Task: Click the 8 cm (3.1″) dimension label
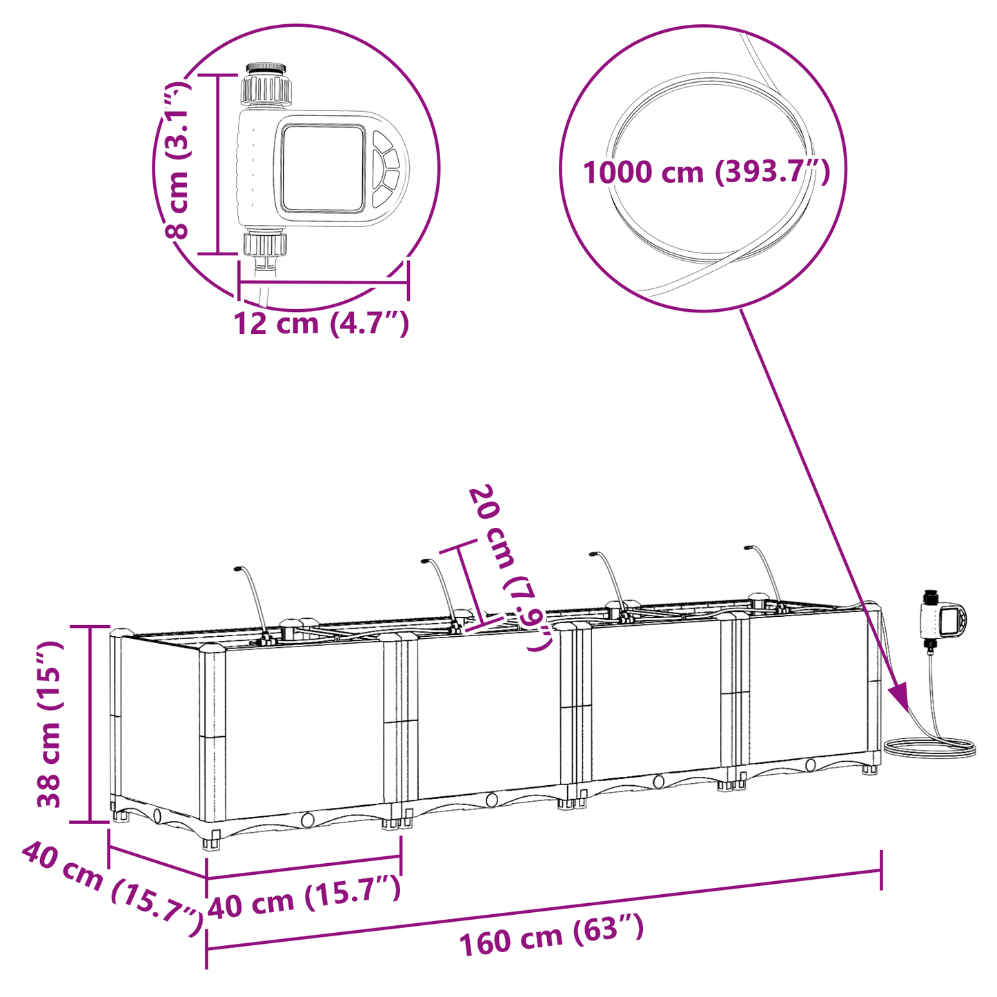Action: click(177, 160)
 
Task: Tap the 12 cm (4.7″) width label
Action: click(322, 323)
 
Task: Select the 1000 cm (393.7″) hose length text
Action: click(706, 172)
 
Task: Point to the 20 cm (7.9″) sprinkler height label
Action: click(511, 567)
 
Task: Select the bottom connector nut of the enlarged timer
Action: click(265, 244)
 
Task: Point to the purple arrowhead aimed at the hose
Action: click(900, 696)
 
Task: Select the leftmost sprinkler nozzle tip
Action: click(237, 569)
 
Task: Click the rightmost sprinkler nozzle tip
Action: click(747, 549)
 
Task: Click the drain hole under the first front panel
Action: click(307, 820)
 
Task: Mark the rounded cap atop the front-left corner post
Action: click(212, 648)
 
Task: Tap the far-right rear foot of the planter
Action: click(871, 768)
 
